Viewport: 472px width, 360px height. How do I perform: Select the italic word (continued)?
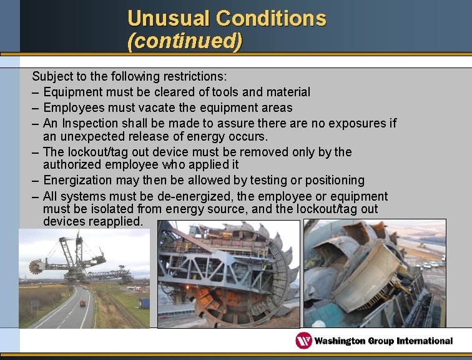point(184,41)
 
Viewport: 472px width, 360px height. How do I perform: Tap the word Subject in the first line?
point(52,77)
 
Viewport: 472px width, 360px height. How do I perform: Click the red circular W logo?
point(304,341)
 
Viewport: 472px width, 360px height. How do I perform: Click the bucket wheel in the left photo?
point(36,266)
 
